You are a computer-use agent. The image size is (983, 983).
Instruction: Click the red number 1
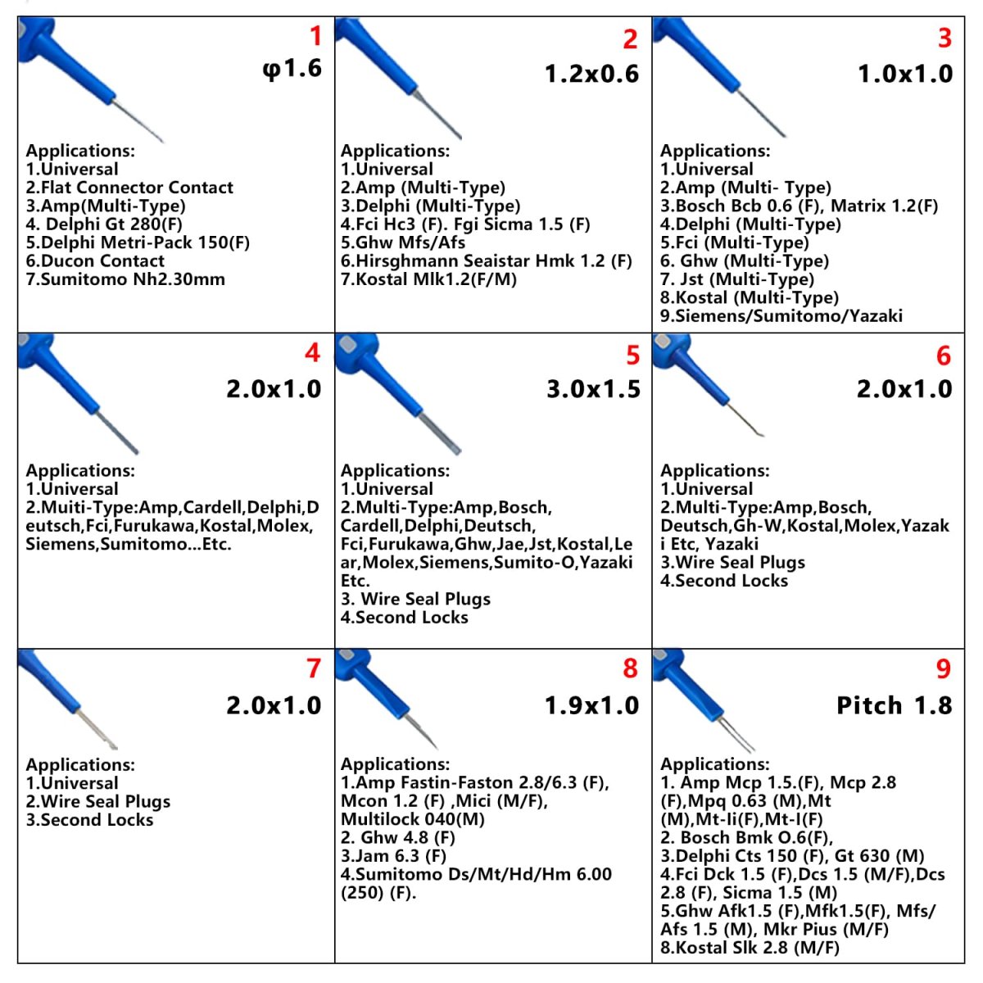(x=315, y=36)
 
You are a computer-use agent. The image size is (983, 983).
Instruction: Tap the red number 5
(x=632, y=355)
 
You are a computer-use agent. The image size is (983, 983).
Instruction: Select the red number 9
(x=944, y=669)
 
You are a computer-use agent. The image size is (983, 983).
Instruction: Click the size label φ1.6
(x=292, y=68)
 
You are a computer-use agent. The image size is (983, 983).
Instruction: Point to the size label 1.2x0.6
(x=591, y=74)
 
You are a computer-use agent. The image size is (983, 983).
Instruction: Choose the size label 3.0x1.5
(x=593, y=389)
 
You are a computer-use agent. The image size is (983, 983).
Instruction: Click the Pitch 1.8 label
(x=894, y=705)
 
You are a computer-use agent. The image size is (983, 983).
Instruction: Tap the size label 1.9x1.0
(x=591, y=705)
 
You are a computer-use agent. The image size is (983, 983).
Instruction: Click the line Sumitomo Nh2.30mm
(x=125, y=279)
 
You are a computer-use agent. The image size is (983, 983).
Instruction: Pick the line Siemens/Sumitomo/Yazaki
(x=781, y=316)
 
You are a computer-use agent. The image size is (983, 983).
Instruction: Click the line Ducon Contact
(x=95, y=261)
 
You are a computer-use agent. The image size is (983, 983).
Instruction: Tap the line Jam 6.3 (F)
(x=393, y=856)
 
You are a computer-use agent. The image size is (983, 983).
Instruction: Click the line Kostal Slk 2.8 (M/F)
(x=750, y=948)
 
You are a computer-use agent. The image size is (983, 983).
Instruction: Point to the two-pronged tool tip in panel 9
(x=737, y=736)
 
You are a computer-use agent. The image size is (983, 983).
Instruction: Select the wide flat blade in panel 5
(x=438, y=429)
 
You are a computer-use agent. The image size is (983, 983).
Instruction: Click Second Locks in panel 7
(x=89, y=820)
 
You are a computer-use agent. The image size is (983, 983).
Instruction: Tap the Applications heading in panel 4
(x=80, y=470)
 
